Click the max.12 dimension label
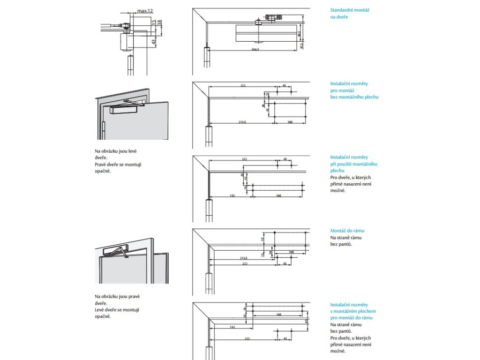point(145,11)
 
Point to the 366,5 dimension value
point(255,49)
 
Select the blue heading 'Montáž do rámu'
point(347,231)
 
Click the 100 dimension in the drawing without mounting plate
point(290,122)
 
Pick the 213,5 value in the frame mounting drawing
point(243,258)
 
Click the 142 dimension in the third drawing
point(232,195)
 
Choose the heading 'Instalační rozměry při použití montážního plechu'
point(354,164)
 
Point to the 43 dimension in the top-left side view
point(153,42)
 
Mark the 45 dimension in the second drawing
point(284,86)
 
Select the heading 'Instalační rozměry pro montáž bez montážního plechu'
point(354,90)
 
